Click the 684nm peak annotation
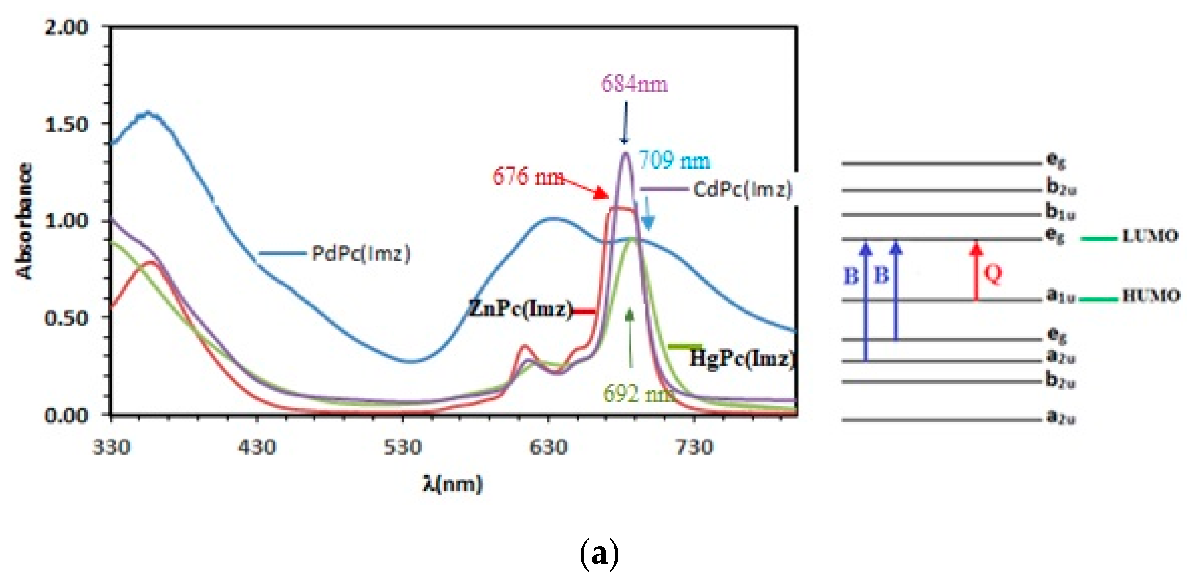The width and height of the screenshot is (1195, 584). (x=634, y=84)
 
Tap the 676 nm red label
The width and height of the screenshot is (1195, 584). (x=528, y=176)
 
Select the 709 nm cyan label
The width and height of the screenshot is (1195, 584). (x=675, y=161)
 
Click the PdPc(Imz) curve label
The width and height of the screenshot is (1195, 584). (x=361, y=254)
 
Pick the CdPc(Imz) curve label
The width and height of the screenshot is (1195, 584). (x=742, y=189)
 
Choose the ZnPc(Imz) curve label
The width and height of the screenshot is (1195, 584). (x=521, y=308)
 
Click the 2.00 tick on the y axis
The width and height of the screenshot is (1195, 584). (x=66, y=27)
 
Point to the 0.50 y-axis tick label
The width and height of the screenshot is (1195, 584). (x=66, y=318)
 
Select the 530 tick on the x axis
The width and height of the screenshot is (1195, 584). (x=403, y=448)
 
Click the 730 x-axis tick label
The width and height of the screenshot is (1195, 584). (x=694, y=448)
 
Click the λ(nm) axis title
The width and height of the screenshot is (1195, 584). (x=452, y=484)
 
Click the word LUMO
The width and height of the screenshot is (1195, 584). (x=1150, y=236)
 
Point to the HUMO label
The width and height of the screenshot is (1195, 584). (x=1151, y=296)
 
